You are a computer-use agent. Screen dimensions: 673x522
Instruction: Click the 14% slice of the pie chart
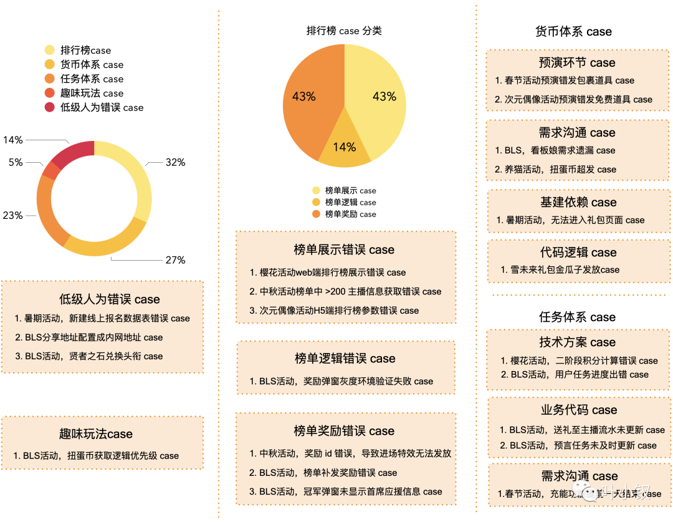344,148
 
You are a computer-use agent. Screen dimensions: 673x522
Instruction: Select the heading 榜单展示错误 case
344,250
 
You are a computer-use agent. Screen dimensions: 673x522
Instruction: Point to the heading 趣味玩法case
96,434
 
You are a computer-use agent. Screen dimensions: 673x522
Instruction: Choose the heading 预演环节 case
577,62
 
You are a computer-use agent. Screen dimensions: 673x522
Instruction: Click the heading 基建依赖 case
578,202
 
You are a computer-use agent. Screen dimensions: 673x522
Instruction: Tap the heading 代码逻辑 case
578,253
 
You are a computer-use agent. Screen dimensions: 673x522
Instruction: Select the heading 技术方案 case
577,342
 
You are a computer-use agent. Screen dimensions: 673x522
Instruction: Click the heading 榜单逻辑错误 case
345,359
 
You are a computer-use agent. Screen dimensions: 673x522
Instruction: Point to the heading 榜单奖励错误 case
344,431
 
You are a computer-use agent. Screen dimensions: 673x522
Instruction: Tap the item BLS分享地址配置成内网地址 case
93,337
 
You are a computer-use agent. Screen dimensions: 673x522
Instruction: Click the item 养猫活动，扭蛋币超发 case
561,169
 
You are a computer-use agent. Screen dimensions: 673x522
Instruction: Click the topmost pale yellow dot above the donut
49,50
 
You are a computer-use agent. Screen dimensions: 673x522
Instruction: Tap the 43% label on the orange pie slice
304,97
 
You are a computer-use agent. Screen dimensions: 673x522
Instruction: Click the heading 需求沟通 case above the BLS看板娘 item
577,132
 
